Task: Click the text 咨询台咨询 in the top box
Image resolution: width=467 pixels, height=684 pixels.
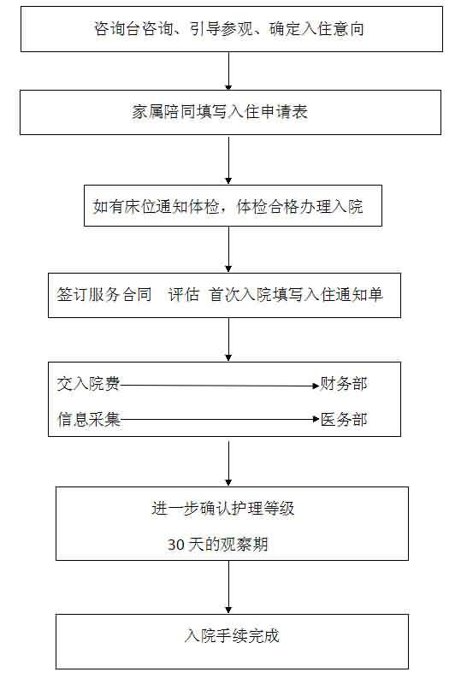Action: click(133, 29)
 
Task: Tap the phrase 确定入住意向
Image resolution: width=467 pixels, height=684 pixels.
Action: click(316, 29)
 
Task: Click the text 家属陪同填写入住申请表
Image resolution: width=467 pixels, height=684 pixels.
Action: click(220, 112)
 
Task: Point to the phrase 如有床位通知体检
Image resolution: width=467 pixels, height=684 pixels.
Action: click(156, 206)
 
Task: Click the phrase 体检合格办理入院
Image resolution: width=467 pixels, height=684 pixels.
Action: click(299, 206)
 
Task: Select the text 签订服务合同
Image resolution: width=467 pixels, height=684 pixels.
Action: click(103, 294)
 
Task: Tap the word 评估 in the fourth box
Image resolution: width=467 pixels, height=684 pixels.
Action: click(184, 294)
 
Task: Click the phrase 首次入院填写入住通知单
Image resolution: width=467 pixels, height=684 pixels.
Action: click(295, 294)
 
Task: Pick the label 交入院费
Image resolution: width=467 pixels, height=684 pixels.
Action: click(88, 383)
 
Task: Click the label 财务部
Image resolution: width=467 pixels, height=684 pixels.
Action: click(344, 383)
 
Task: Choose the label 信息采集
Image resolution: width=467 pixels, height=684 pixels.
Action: click(89, 419)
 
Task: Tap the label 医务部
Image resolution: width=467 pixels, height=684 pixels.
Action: click(344, 419)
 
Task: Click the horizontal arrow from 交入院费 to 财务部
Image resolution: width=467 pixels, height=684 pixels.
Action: click(220, 386)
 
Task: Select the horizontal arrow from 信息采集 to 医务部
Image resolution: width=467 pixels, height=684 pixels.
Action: click(220, 419)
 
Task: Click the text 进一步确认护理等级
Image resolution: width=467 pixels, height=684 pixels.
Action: click(223, 509)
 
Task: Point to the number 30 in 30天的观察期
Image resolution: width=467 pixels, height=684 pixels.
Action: click(176, 545)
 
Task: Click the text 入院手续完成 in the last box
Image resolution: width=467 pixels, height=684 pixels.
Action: click(232, 635)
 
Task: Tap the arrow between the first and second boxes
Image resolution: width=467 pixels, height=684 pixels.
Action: click(228, 71)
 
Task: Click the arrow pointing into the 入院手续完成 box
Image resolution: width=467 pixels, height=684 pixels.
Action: click(228, 587)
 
